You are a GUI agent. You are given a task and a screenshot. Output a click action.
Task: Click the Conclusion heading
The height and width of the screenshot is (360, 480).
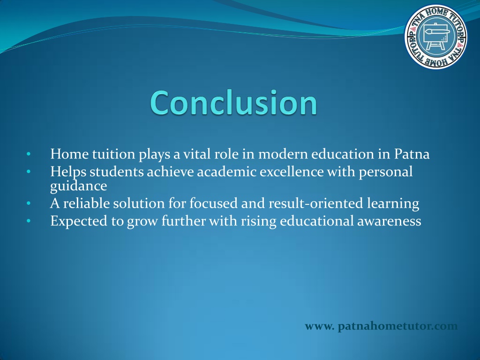pos(233,103)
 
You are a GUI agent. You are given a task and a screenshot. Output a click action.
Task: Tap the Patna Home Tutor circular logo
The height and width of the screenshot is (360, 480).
pos(436,37)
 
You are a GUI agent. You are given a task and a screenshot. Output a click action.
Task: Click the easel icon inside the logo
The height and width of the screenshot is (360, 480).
pos(436,36)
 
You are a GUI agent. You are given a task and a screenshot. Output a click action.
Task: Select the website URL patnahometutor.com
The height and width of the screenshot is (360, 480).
pos(381,326)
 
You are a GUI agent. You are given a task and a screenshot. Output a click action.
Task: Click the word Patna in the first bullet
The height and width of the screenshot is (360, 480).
pos(412,154)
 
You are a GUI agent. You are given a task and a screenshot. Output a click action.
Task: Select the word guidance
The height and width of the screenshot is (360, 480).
pos(79,186)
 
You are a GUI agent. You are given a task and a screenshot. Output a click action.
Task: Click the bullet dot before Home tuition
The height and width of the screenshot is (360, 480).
pos(29,154)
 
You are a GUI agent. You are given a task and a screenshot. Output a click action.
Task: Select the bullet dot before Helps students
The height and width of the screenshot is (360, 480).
pos(29,172)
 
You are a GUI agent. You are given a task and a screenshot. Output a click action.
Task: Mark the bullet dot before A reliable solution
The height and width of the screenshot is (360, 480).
pos(29,203)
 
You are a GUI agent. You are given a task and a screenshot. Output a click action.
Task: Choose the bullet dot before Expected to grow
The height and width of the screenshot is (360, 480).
pos(29,221)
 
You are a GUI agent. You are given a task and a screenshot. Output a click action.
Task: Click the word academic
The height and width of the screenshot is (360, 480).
pos(227,172)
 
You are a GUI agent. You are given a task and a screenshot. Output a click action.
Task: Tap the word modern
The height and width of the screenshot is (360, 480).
pos(283,154)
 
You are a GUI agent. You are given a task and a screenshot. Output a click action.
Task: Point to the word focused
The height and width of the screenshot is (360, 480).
pos(213,203)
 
